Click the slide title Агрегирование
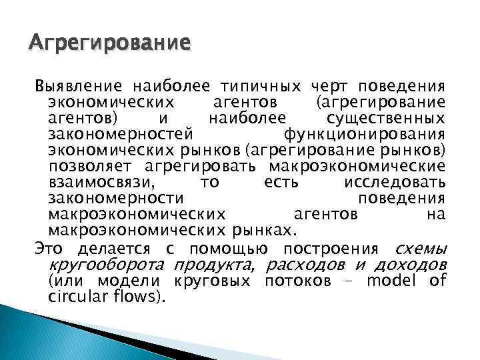click(109, 45)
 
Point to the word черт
click(329, 87)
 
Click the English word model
click(391, 281)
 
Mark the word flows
click(137, 297)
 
